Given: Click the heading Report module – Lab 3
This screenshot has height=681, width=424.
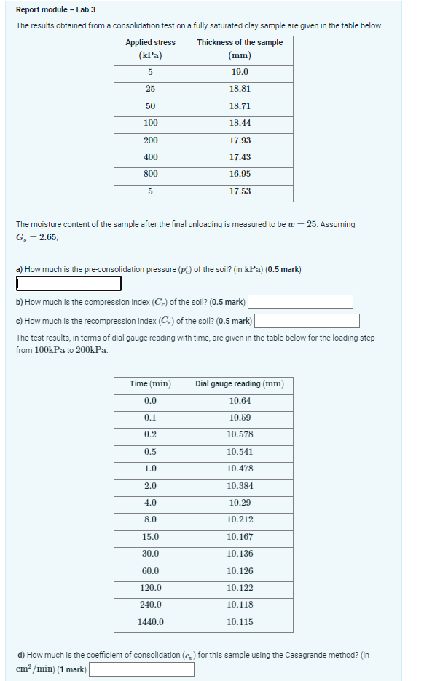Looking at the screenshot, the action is click(55, 9).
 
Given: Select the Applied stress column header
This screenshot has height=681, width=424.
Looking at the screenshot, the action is click(150, 49).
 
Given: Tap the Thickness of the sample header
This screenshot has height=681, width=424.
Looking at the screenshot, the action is click(240, 49).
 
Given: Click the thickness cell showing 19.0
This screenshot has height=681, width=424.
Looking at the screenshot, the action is click(240, 72).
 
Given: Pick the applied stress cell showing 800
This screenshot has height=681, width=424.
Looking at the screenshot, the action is click(150, 174).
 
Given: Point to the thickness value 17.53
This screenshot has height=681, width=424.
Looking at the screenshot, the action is click(240, 191).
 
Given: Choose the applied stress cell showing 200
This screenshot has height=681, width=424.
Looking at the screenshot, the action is click(150, 140).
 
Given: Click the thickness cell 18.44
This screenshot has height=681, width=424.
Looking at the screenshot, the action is click(240, 123).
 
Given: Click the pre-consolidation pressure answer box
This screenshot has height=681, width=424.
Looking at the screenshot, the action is click(68, 283).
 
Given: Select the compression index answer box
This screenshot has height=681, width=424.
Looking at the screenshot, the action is click(300, 301).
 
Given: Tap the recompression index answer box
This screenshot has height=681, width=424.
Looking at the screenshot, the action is click(307, 321).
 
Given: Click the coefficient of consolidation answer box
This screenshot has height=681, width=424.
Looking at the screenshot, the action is click(141, 669).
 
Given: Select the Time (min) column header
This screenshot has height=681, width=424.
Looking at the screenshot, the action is click(150, 383).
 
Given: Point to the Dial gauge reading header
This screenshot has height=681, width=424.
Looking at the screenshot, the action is click(240, 383).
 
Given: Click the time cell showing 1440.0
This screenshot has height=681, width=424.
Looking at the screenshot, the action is click(150, 622).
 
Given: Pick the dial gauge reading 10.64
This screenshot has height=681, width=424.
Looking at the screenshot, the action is click(240, 401).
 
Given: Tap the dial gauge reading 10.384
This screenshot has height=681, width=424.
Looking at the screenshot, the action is click(240, 486).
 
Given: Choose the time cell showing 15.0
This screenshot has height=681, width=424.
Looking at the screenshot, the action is click(150, 537).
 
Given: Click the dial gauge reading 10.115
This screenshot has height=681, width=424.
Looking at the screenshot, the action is click(240, 622).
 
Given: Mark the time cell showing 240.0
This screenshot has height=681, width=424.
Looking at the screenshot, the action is click(150, 605).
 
